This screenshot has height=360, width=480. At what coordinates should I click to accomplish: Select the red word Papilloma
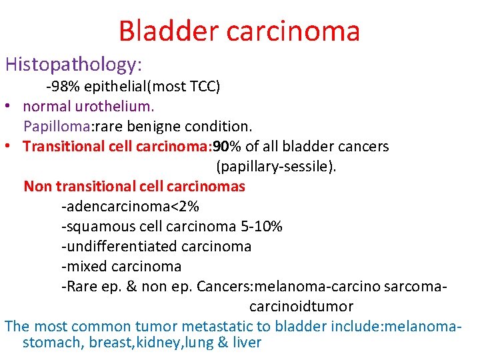coord(51,127)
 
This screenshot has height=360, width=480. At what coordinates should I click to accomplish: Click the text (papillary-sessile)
coord(276,167)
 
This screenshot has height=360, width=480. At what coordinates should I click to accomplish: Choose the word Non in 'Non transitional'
coord(37,187)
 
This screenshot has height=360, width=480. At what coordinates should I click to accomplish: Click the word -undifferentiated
coord(113,247)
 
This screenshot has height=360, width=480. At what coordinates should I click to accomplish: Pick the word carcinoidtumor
coord(301,307)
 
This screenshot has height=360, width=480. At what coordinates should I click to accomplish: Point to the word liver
coord(246,343)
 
